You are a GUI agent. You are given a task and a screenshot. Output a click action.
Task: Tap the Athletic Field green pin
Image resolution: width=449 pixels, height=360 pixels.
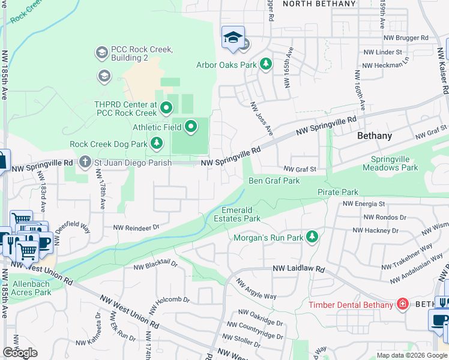point(191,127)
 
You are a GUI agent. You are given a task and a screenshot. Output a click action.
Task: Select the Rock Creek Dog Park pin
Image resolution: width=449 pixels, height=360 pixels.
point(156,143)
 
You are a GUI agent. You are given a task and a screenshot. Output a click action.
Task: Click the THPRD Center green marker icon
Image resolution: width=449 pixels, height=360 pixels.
point(166,108)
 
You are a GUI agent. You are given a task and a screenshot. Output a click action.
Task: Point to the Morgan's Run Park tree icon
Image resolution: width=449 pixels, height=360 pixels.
point(312,238)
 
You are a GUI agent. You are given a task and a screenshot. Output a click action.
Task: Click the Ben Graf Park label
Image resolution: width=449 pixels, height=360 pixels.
point(274,181)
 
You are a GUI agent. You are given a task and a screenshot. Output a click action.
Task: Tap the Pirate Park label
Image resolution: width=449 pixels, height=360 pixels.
point(337,192)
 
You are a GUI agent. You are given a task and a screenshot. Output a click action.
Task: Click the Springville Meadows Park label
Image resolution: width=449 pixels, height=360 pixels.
point(394,163)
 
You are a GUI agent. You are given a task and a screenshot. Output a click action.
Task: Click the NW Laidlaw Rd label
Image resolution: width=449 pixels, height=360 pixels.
point(298,269)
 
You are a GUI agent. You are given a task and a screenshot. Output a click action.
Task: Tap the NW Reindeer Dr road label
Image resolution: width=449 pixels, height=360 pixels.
point(136,227)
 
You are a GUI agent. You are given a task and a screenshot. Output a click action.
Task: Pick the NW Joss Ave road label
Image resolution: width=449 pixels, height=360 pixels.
point(261,118)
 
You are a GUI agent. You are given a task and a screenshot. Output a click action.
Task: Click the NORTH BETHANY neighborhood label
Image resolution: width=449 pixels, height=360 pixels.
point(319,4)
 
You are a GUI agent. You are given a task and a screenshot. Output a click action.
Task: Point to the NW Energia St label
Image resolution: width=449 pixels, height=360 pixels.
point(363,204)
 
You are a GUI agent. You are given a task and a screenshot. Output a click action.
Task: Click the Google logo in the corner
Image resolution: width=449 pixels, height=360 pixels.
point(20,353)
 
